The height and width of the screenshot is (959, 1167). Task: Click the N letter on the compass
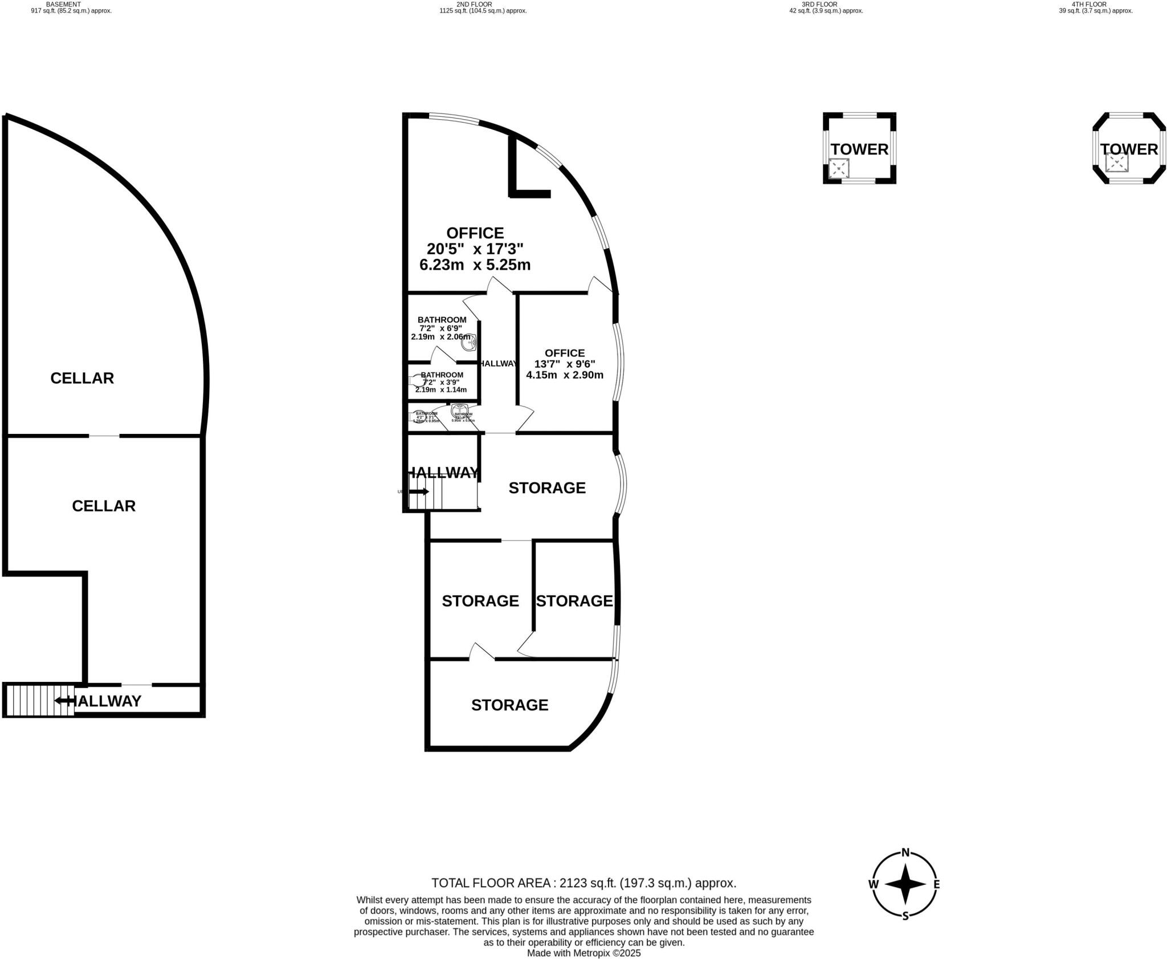pyautogui.click(x=905, y=869)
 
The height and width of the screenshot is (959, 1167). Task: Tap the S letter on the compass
pyautogui.click(x=905, y=932)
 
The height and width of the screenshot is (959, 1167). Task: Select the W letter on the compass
pyautogui.click(x=873, y=900)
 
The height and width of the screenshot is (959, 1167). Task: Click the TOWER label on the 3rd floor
pyautogui.click(x=859, y=149)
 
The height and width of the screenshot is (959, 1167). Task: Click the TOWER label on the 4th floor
pyautogui.click(x=1129, y=149)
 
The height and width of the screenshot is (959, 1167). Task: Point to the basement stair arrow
pyautogui.click(x=64, y=700)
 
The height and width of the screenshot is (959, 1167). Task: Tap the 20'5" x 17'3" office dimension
pyautogui.click(x=475, y=249)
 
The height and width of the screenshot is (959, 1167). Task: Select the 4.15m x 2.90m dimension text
pyautogui.click(x=564, y=375)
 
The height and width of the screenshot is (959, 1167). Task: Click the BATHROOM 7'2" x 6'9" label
pyautogui.click(x=442, y=324)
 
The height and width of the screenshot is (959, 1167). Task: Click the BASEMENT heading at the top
pyautogui.click(x=63, y=4)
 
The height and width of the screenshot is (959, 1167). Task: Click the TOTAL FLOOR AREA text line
pyautogui.click(x=583, y=883)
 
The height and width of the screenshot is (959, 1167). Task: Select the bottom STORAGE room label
pyautogui.click(x=509, y=705)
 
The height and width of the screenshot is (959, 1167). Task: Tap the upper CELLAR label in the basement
pyautogui.click(x=82, y=378)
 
